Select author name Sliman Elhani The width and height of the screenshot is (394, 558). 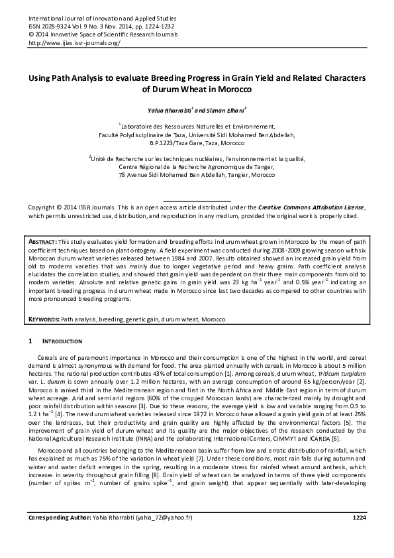click(226, 107)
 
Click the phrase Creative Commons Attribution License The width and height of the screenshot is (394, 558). click(311, 207)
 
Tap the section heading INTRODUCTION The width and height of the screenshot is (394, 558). click(63, 341)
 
